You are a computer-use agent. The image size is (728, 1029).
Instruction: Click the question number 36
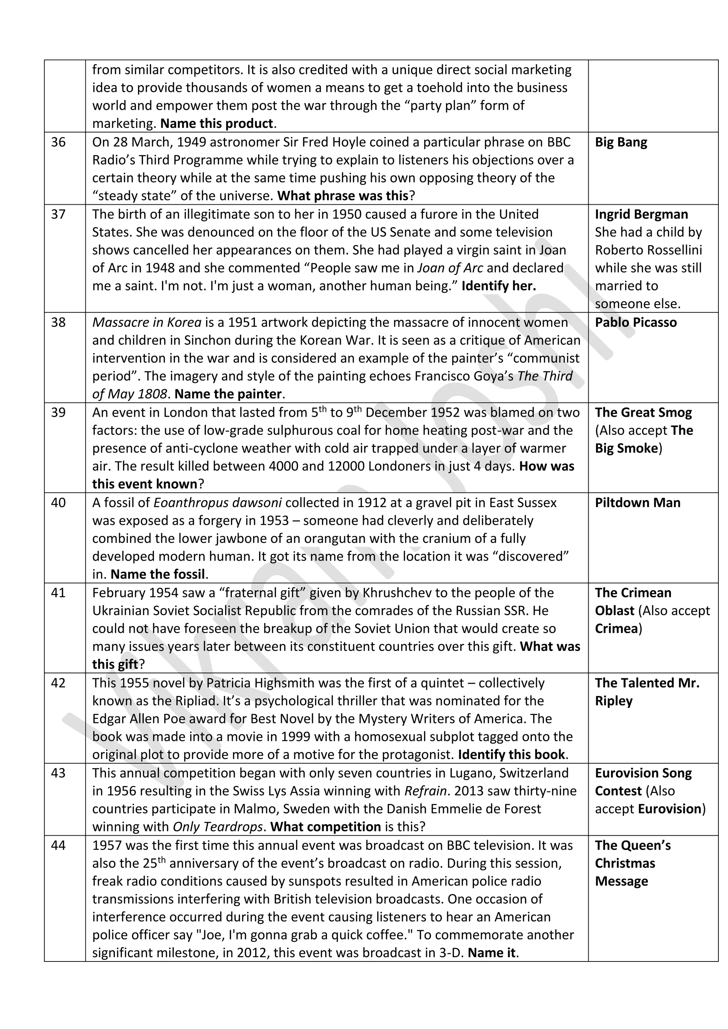(x=58, y=142)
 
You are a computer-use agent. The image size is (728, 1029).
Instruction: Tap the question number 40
(x=58, y=502)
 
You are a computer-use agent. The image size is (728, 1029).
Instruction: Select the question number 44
(x=58, y=845)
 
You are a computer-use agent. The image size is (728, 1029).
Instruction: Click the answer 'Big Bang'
(x=621, y=142)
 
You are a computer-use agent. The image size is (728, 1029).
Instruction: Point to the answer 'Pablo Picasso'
(x=636, y=322)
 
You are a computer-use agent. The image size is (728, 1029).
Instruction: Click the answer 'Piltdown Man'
(x=637, y=502)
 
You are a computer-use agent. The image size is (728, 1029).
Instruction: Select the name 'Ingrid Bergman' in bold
(x=641, y=214)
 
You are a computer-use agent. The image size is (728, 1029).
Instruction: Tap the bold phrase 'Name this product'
(x=216, y=123)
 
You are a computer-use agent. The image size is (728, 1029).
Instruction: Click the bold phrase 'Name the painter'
(x=228, y=394)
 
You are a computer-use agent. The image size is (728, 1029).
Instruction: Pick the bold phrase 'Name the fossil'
(x=158, y=574)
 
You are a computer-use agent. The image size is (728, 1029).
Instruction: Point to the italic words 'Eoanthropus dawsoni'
(x=218, y=502)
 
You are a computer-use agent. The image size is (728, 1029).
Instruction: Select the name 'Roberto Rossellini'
(x=648, y=250)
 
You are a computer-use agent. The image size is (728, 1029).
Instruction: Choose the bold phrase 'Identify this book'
(x=511, y=755)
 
